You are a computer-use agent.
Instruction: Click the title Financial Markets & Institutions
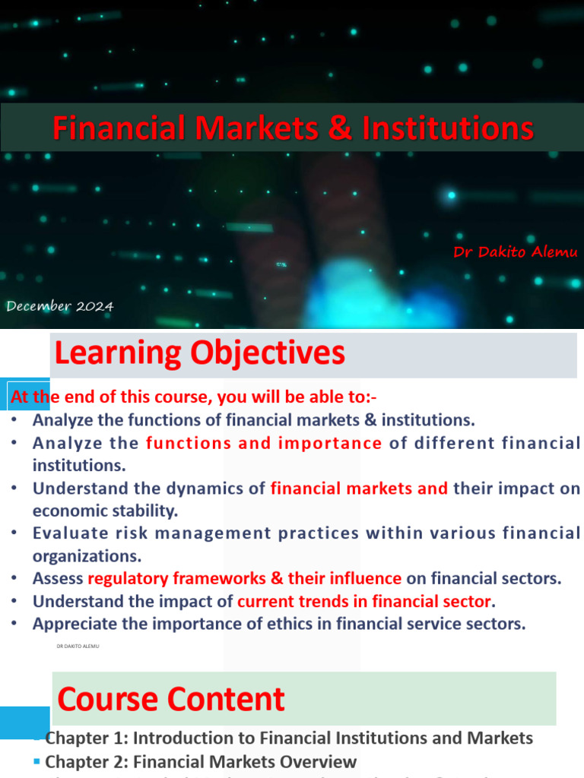(293, 128)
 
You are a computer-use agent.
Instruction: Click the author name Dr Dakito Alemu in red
(516, 252)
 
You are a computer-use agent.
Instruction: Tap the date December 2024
(60, 306)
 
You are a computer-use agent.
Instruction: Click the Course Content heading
(171, 699)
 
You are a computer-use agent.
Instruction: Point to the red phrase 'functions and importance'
(264, 443)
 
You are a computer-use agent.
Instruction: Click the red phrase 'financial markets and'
(359, 489)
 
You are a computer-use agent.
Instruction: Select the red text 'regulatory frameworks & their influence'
(245, 578)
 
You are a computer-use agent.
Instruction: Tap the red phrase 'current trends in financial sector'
(364, 601)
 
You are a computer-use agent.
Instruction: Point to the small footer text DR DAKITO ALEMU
(78, 647)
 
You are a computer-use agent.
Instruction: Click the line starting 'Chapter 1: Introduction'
(289, 738)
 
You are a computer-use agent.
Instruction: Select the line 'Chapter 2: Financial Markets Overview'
(201, 761)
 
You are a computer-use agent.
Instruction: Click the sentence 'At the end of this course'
(192, 397)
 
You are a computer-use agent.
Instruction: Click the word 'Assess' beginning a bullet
(58, 578)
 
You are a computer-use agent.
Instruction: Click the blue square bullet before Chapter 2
(37, 761)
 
